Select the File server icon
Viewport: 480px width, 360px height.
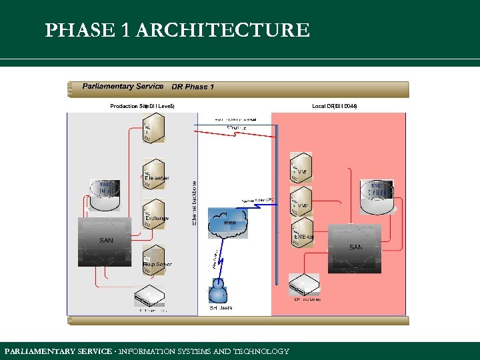click(154, 173)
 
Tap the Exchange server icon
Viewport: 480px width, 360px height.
click(154, 213)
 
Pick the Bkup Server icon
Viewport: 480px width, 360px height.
click(154, 259)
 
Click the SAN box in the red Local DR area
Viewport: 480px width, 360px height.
click(355, 247)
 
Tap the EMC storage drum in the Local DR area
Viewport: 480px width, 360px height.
click(377, 195)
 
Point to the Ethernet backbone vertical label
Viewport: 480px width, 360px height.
click(195, 203)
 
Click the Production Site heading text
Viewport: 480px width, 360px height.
click(142, 106)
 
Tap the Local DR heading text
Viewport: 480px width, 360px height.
click(334, 106)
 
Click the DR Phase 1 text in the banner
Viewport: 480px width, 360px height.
click(193, 87)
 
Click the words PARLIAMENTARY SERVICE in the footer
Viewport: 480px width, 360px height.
click(56, 351)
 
